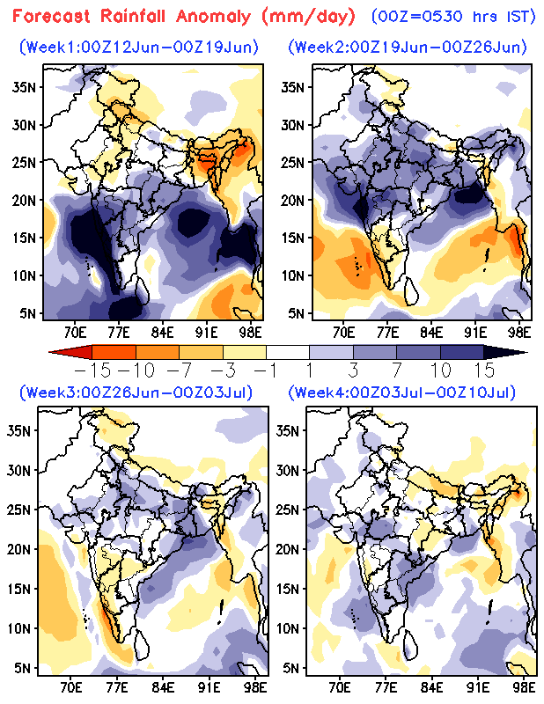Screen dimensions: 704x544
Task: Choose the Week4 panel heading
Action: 406,392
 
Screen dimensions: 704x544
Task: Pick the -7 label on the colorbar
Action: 171,368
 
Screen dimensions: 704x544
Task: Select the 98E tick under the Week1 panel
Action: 252,331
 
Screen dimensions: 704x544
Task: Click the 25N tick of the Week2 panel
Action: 292,162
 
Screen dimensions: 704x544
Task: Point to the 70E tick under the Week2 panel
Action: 343,331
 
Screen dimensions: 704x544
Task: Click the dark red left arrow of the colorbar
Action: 60,352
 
